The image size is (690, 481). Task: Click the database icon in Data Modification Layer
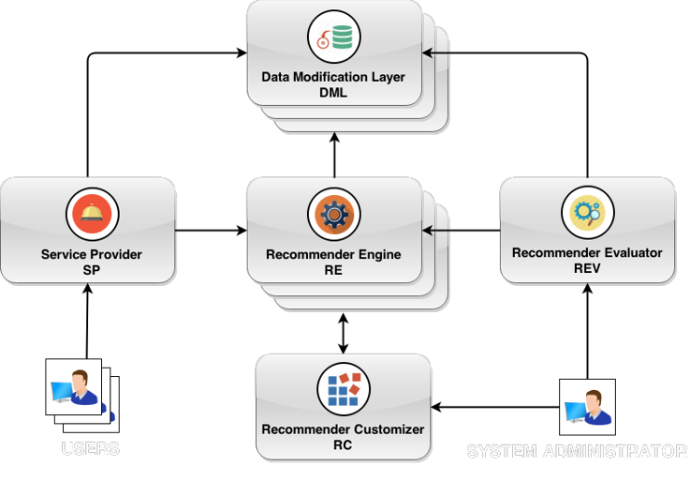pyautogui.click(x=335, y=38)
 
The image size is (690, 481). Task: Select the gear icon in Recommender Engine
pyautogui.click(x=334, y=215)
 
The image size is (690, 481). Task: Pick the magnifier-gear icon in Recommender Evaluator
pyautogui.click(x=587, y=212)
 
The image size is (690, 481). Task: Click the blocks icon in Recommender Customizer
pyautogui.click(x=343, y=389)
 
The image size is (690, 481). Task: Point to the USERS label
pyautogui.click(x=91, y=448)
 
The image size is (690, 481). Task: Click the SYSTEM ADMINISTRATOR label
pyautogui.click(x=577, y=452)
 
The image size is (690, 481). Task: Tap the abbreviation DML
pyautogui.click(x=334, y=92)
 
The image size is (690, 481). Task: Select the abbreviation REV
pyautogui.click(x=587, y=267)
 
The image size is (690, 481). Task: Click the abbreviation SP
pyautogui.click(x=91, y=269)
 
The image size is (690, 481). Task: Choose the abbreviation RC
pyautogui.click(x=343, y=445)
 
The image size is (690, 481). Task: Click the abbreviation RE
pyautogui.click(x=334, y=269)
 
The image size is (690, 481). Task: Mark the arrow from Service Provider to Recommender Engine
pyautogui.click(x=211, y=229)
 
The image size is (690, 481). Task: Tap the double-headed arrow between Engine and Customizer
pyautogui.click(x=344, y=332)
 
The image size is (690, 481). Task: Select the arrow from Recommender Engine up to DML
pyautogui.click(x=334, y=155)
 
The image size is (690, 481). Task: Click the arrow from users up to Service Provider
pyautogui.click(x=88, y=323)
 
